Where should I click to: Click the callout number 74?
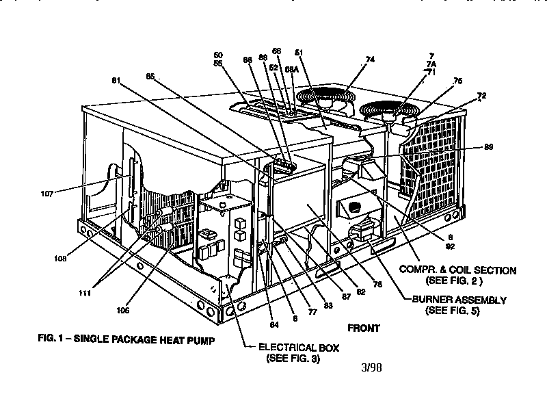click(370, 60)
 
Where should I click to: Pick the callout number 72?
click(481, 96)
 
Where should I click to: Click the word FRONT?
click(363, 328)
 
